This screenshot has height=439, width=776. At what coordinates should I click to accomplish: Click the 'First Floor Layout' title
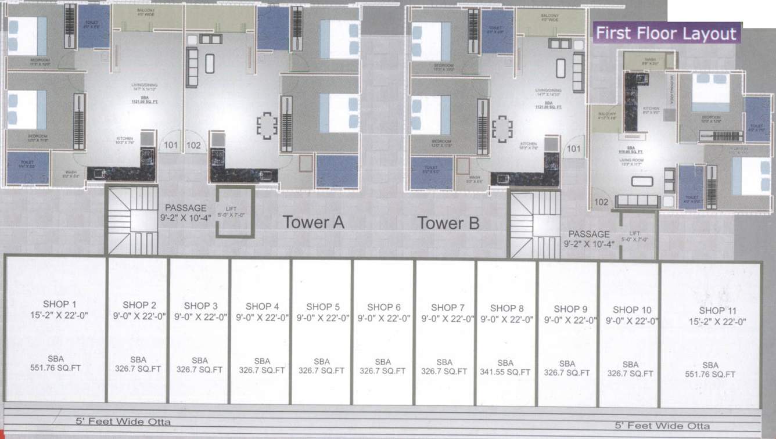(666, 33)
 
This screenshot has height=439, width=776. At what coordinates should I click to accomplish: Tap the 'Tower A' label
(313, 222)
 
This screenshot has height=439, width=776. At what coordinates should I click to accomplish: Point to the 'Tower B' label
(448, 223)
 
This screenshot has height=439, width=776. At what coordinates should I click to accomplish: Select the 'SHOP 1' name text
(59, 304)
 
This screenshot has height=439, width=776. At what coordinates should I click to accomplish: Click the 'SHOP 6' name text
(384, 307)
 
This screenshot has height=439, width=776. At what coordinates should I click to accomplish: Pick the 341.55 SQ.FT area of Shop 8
(505, 372)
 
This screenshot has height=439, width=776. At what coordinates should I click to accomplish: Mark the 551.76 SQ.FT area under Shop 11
(710, 374)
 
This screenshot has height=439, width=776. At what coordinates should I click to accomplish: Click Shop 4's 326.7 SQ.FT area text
(261, 370)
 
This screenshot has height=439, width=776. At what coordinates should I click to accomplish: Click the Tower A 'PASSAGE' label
(185, 208)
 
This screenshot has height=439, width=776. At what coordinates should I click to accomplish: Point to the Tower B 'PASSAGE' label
(589, 234)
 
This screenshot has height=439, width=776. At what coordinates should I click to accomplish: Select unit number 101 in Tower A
(170, 145)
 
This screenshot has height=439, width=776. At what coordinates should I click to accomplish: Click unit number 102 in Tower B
(602, 203)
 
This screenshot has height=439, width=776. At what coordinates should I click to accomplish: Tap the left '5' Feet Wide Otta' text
(123, 422)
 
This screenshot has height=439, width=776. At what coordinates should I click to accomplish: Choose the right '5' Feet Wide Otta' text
(662, 426)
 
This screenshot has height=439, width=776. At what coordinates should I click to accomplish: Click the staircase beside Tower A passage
(132, 219)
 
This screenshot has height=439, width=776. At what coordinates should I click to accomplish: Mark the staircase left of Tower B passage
(534, 224)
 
